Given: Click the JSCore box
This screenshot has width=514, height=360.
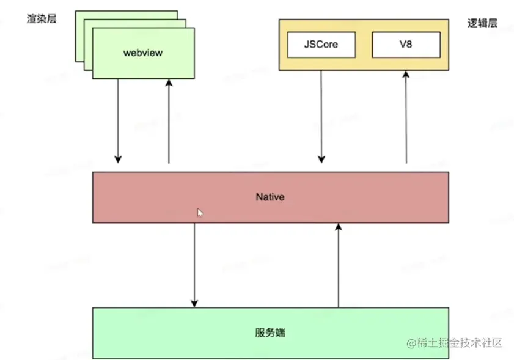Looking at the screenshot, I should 321,45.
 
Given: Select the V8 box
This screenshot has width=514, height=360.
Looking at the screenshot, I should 406,45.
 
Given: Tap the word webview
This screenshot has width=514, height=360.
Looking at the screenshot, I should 143,53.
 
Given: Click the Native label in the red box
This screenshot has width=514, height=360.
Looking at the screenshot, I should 270,197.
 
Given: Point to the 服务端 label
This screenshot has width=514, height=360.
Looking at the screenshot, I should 270,333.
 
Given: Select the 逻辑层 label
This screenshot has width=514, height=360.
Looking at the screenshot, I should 482,23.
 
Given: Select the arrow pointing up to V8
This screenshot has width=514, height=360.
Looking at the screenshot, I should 406,116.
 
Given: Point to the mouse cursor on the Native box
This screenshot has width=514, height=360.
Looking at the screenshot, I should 200,212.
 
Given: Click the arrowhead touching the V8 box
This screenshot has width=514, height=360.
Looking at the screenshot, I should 406,75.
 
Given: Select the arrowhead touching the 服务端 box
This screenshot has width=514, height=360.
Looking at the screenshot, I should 194,303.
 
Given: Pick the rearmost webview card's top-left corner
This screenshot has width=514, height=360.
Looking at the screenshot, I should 76,11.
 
